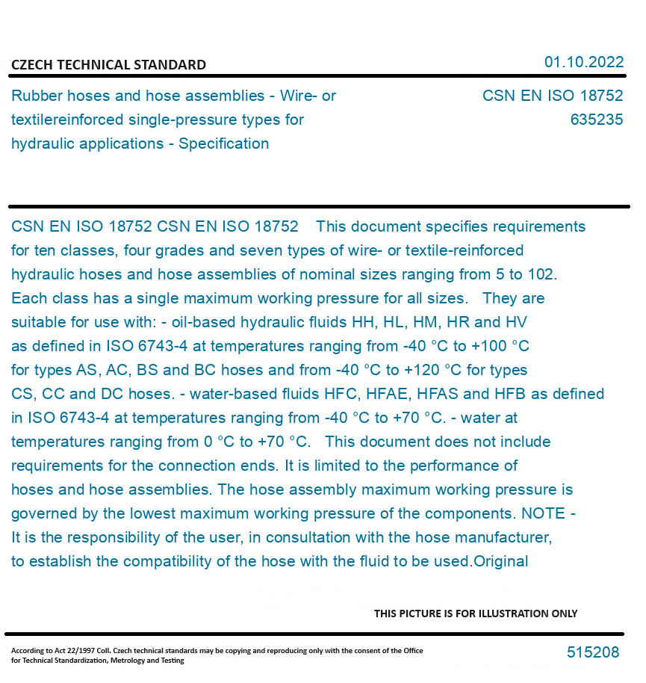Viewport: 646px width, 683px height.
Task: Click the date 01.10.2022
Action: click(x=583, y=62)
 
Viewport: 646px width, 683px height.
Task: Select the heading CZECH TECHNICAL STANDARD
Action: click(x=108, y=65)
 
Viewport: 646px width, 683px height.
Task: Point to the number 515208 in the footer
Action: click(x=593, y=652)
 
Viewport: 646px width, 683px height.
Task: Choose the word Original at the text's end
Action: click(x=501, y=561)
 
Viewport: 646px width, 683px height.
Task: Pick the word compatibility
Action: click(x=171, y=561)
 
